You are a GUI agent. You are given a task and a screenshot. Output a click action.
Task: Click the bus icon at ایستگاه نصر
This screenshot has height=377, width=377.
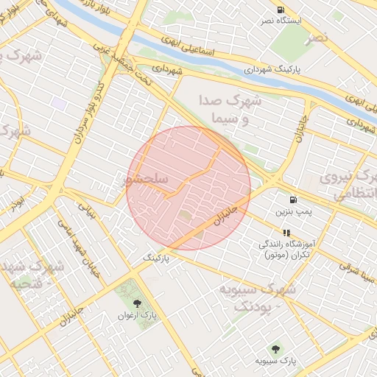tap(281, 10)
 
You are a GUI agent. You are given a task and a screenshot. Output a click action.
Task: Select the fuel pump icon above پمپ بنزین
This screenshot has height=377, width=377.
tap(294, 199)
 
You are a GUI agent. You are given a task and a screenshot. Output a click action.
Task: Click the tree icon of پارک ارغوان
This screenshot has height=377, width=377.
tap(136, 302)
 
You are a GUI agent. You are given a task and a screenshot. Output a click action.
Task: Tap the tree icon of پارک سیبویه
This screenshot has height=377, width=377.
tap(276, 348)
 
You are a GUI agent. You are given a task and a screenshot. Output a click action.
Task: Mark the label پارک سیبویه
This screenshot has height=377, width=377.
tap(276, 361)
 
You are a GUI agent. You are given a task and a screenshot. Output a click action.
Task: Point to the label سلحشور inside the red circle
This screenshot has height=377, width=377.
tap(148, 179)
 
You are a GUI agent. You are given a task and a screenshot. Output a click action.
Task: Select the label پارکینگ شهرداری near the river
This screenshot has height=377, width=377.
tap(271, 70)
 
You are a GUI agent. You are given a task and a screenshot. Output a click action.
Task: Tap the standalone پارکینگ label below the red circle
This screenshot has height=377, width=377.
tap(156, 259)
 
